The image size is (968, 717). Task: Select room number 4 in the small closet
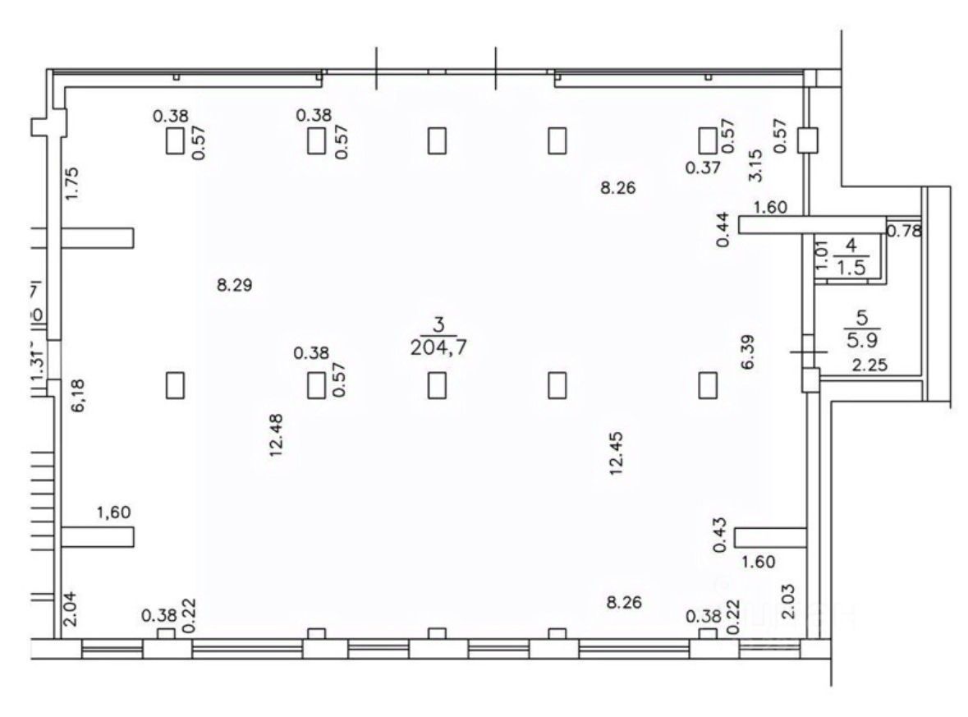click(850, 245)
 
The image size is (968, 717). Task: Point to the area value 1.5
click(850, 266)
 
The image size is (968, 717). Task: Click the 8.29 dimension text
click(234, 286)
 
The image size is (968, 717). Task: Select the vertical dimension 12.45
click(617, 453)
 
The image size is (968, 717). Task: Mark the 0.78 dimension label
click(905, 231)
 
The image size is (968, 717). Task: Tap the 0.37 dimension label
click(704, 168)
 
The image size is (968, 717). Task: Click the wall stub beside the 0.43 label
click(770, 537)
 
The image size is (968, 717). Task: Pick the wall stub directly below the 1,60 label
click(97, 537)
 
